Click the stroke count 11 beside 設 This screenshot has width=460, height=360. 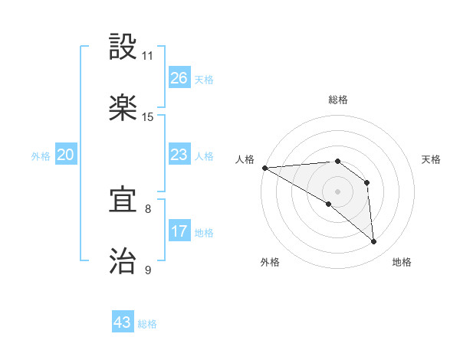pos(148,57)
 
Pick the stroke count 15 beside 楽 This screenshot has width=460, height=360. pos(148,117)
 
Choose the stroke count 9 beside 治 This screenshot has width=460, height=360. pos(148,270)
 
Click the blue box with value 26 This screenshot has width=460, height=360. pos(179,78)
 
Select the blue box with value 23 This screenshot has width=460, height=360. pos(179,155)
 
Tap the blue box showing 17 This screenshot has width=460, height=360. pos(179,231)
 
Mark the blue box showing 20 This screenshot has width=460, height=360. pos(66,155)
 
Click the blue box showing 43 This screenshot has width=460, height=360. pos(123,322)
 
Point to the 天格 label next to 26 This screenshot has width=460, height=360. pos(204,80)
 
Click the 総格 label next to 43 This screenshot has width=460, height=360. pos(147,324)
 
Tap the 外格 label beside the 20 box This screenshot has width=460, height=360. pos(41,156)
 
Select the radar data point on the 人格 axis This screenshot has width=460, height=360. pos(264,168)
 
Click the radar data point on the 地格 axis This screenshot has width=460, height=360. pos(373,242)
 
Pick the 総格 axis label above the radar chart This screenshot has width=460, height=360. pos(338,100)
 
